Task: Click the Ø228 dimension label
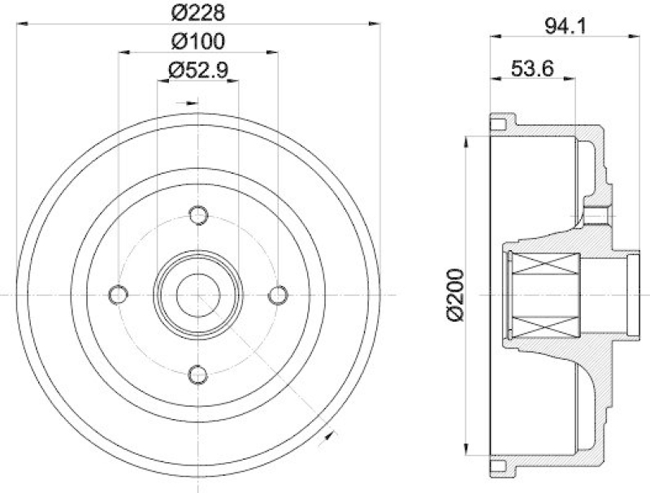(x=198, y=12)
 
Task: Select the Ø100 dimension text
(x=197, y=41)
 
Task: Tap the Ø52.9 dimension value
(x=197, y=70)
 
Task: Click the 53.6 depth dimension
(x=533, y=70)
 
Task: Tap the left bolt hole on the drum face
(x=118, y=293)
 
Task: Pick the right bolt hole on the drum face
(x=277, y=293)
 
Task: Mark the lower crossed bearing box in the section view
(x=543, y=324)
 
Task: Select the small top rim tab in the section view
(x=499, y=124)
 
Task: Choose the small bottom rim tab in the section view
(x=499, y=465)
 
